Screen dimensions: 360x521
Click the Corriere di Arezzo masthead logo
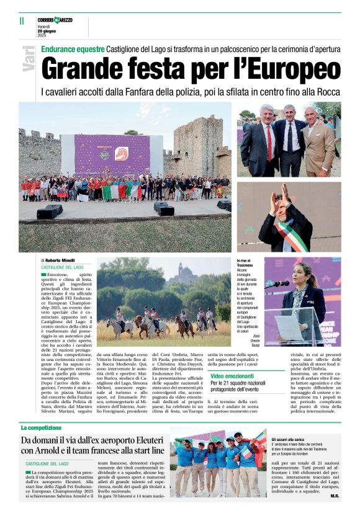pos(55,20)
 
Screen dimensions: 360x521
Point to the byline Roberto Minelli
pos(60,260)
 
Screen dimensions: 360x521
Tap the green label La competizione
pos(41,428)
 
